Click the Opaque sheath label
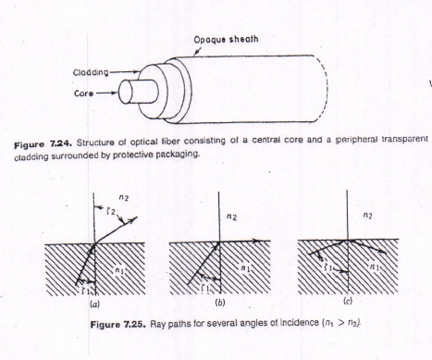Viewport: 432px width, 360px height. pyautogui.click(x=226, y=40)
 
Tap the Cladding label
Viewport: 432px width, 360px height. pyautogui.click(x=91, y=72)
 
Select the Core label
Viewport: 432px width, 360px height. pyautogui.click(x=83, y=93)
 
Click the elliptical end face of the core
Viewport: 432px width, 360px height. pyautogui.click(x=126, y=92)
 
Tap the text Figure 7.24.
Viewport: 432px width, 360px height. pyautogui.click(x=43, y=144)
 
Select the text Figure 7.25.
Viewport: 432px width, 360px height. pyautogui.click(x=117, y=325)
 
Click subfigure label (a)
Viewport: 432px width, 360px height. pyautogui.click(x=94, y=304)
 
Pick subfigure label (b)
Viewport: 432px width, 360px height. pyautogui.click(x=220, y=303)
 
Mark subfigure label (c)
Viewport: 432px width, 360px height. pyautogui.click(x=348, y=301)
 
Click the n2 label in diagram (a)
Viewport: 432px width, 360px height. pyautogui.click(x=123, y=198)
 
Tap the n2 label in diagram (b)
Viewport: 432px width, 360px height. pyautogui.click(x=231, y=217)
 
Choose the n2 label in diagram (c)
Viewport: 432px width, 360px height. pyautogui.click(x=367, y=216)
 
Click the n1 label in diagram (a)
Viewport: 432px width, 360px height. pyautogui.click(x=119, y=270)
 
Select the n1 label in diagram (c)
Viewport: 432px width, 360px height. pyautogui.click(x=374, y=267)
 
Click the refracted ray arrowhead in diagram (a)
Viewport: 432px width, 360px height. pyautogui.click(x=134, y=219)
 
